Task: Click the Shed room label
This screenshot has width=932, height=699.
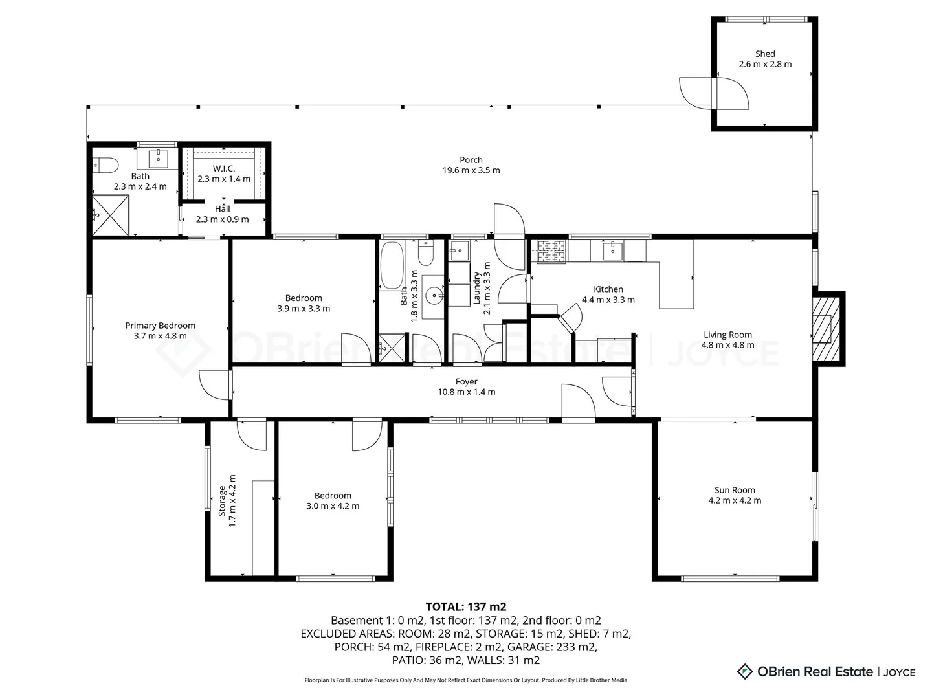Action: [x=765, y=54]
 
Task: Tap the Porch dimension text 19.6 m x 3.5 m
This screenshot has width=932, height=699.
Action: [x=471, y=170]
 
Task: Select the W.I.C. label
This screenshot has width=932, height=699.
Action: [x=224, y=168]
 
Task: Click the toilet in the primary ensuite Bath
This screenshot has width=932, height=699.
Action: [x=105, y=165]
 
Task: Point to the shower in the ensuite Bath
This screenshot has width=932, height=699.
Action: [x=111, y=215]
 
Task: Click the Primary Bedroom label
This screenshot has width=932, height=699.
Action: [x=160, y=326]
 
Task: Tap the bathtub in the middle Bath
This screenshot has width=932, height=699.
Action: [x=391, y=265]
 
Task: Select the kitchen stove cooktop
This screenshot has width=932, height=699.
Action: [x=551, y=252]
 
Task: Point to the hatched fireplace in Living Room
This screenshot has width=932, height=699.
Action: [x=826, y=329]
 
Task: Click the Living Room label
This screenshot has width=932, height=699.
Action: [x=727, y=335]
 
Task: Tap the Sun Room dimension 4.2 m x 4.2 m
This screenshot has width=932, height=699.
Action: [x=735, y=500]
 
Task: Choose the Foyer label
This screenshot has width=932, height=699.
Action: [x=466, y=382]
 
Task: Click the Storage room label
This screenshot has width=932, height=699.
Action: [x=221, y=501]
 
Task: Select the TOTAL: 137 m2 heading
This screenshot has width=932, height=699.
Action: [x=466, y=606]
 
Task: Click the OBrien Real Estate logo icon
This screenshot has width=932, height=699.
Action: [x=744, y=671]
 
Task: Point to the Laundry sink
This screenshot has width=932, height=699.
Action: [x=459, y=251]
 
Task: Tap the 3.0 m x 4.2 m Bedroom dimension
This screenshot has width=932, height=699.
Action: [x=333, y=506]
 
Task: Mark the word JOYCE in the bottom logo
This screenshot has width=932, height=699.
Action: [x=899, y=672]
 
